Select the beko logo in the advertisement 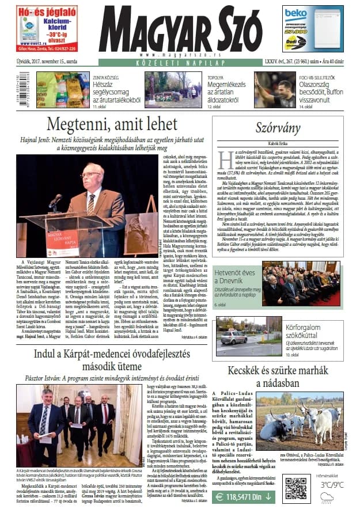point(296,13)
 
